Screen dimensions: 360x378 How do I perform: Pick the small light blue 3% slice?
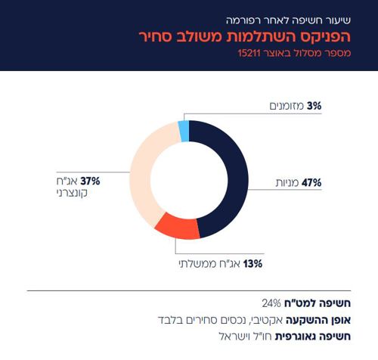pyautogui.click(x=184, y=131)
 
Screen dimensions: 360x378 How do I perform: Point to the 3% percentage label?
pyautogui.click(x=313, y=107)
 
